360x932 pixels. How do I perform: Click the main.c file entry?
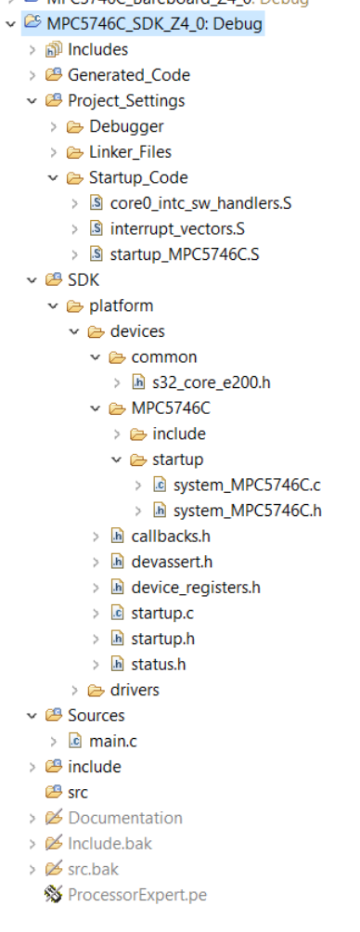[x=113, y=741]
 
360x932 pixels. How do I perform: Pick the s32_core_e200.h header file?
[x=204, y=382]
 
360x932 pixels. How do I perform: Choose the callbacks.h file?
[x=171, y=536]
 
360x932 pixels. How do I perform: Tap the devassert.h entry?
[x=173, y=562]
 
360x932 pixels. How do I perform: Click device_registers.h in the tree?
[x=196, y=588]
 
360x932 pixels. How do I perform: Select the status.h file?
[x=159, y=664]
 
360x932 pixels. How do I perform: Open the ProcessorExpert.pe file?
[x=137, y=895]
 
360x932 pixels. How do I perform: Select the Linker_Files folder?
[x=130, y=151]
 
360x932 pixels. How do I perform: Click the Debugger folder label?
[x=126, y=126]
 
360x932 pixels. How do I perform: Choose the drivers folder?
[x=135, y=690]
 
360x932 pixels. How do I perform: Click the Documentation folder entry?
[x=125, y=818]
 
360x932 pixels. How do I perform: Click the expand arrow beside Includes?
[x=32, y=49]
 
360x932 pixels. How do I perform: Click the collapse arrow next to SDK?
[x=32, y=279]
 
